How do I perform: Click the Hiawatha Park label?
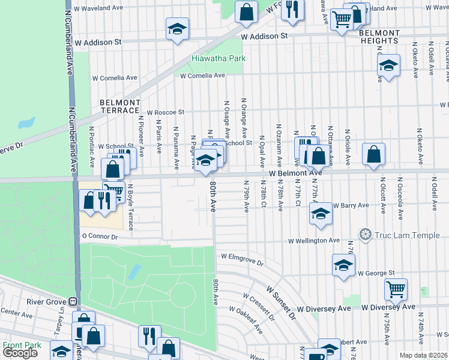click(x=211, y=59)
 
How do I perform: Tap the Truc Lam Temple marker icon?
click(x=364, y=234)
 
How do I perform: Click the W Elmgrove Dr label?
click(x=242, y=259)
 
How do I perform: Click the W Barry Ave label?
click(x=350, y=205)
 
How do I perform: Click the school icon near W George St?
click(x=343, y=265)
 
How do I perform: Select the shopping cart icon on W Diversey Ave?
click(x=396, y=289)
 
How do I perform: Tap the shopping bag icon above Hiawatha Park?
click(x=246, y=11)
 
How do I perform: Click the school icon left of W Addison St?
click(x=177, y=29)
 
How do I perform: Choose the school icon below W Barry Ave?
click(x=321, y=214)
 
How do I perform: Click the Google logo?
click(x=20, y=353)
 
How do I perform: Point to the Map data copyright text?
click(x=424, y=355)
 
